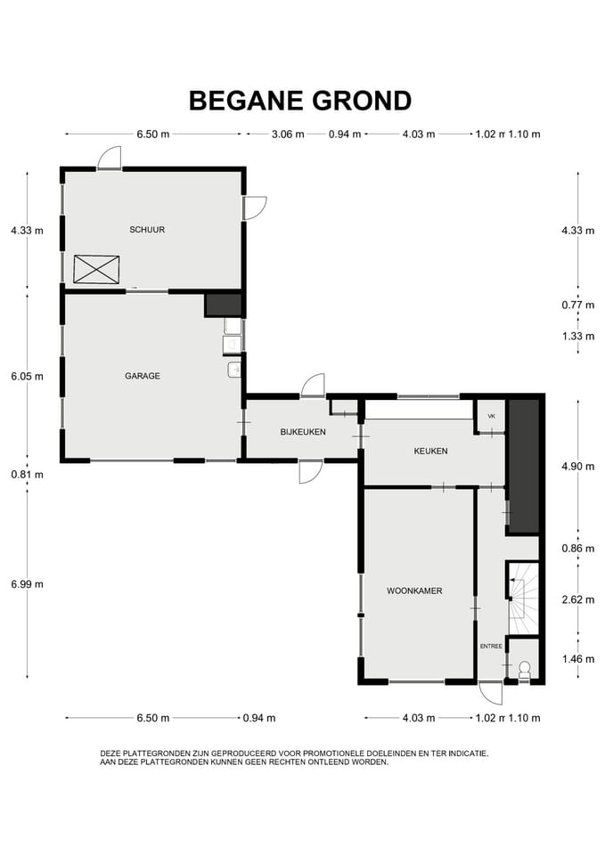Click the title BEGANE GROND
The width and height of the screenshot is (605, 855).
coord(300,101)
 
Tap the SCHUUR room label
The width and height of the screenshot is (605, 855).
coord(147,230)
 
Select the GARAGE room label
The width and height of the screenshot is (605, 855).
coord(143,376)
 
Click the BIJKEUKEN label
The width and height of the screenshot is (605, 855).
coord(303,432)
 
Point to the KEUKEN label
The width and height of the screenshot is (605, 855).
coord(430,452)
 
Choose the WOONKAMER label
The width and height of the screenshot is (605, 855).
coord(414,590)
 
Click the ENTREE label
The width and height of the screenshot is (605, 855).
coord(491,647)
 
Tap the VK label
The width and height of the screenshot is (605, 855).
coord(490,415)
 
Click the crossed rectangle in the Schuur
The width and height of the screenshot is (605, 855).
coord(96,268)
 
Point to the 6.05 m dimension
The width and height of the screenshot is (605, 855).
coord(27,377)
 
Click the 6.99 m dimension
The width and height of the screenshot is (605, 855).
coord(27,584)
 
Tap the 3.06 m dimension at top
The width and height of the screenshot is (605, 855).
coord(287,134)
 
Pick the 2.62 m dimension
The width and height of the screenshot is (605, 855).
coord(577,599)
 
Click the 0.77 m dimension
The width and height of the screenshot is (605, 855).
coord(577,305)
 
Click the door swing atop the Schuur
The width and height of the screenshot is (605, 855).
coord(110,159)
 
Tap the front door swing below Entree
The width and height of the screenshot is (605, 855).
coord(490,692)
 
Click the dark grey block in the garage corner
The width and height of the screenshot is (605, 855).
coord(223,305)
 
